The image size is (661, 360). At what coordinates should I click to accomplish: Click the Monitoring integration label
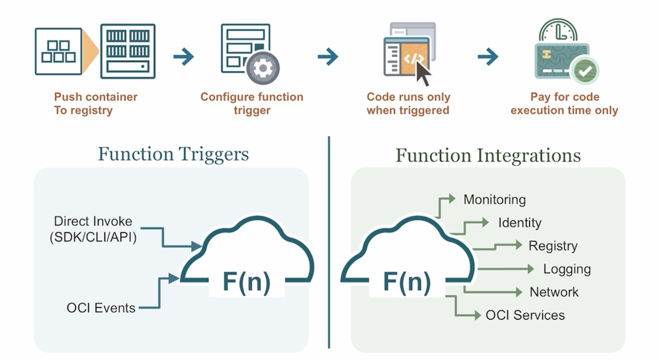click(494, 200)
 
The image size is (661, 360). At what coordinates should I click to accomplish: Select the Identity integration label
click(520, 223)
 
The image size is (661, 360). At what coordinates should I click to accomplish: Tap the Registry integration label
click(553, 246)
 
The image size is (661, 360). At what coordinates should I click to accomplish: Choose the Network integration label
click(554, 292)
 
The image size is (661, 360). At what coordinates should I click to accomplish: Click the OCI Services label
click(525, 315)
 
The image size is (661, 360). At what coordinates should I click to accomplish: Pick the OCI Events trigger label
click(101, 308)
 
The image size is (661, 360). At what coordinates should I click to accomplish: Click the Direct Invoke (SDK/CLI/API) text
click(93, 229)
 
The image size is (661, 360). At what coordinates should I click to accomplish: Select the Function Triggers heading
click(173, 154)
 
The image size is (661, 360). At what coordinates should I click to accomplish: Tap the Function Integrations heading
click(488, 155)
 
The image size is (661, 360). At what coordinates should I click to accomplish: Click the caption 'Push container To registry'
click(96, 104)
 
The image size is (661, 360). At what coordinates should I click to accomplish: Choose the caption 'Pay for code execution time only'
click(564, 104)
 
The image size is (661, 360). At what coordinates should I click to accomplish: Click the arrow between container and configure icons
click(183, 57)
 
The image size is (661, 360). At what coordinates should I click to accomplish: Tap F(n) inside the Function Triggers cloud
click(246, 282)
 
